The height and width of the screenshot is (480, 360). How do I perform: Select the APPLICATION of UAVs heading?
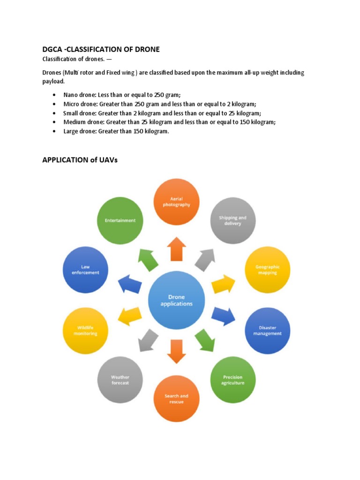[x=80, y=160]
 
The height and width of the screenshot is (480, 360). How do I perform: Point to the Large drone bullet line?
[x=116, y=131]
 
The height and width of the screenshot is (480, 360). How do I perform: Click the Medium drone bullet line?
[x=169, y=122]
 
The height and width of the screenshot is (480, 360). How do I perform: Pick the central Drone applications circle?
[x=176, y=300]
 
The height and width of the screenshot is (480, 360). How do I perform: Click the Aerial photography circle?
[x=176, y=202]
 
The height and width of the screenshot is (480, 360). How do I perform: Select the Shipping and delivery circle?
[x=233, y=221]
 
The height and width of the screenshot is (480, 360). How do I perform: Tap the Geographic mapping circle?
[x=268, y=270]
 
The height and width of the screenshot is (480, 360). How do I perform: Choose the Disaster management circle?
[x=268, y=330]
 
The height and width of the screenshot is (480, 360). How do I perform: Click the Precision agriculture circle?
[x=233, y=380]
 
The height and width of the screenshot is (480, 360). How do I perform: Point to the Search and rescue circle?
[x=176, y=399]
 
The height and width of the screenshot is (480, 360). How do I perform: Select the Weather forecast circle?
[x=120, y=380]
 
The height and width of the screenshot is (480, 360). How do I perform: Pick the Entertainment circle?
[x=120, y=221]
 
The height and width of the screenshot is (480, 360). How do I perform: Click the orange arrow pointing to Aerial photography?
[x=176, y=249]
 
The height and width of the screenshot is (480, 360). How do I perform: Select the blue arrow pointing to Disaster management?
[x=224, y=316]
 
